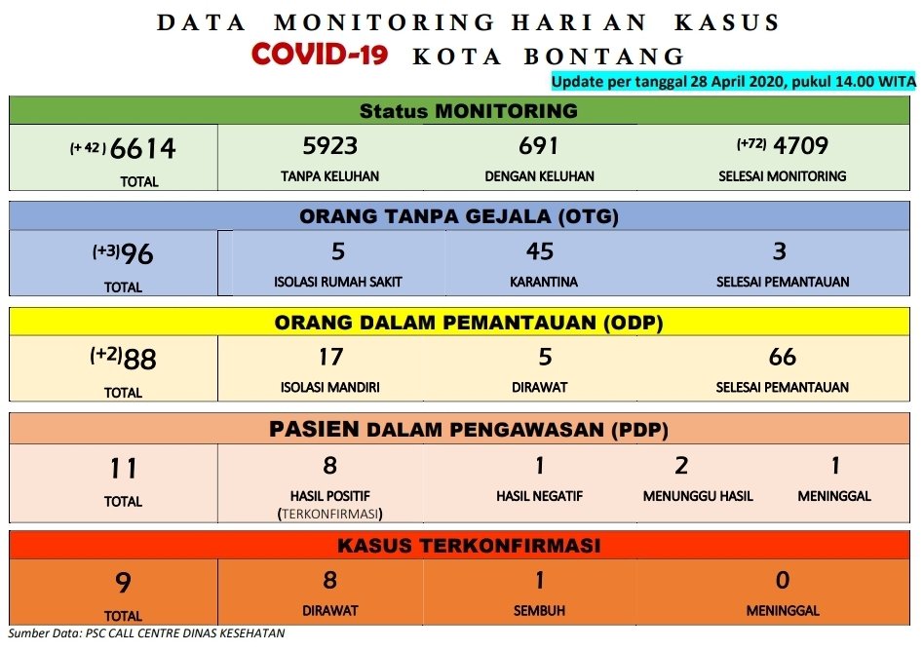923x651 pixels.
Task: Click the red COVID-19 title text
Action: click(x=319, y=55)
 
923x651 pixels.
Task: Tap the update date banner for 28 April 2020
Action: click(x=734, y=81)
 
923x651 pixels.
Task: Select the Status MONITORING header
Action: click(x=469, y=111)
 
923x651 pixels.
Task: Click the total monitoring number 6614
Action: click(x=142, y=148)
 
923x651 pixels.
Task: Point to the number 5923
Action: click(x=329, y=145)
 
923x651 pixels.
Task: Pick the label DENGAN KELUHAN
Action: click(x=539, y=176)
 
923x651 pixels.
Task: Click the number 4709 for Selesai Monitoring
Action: click(x=800, y=145)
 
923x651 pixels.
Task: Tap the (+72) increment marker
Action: click(x=751, y=143)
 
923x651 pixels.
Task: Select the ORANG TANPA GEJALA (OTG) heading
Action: click(x=459, y=216)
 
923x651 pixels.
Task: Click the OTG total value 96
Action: click(x=137, y=254)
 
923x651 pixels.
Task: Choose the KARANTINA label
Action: click(x=543, y=282)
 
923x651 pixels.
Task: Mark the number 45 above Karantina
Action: click(x=540, y=251)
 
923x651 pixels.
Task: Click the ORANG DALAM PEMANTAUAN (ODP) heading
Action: click(x=469, y=323)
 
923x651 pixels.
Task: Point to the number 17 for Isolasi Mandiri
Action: click(x=330, y=357)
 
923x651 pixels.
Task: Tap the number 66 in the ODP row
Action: click(x=783, y=357)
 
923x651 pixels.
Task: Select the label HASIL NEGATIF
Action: click(x=539, y=496)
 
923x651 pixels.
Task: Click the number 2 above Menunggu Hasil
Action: click(x=681, y=466)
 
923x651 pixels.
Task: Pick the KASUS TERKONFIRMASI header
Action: click(x=469, y=545)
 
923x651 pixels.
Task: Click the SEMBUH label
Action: click(x=539, y=611)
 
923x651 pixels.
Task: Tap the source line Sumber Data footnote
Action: click(x=146, y=633)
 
